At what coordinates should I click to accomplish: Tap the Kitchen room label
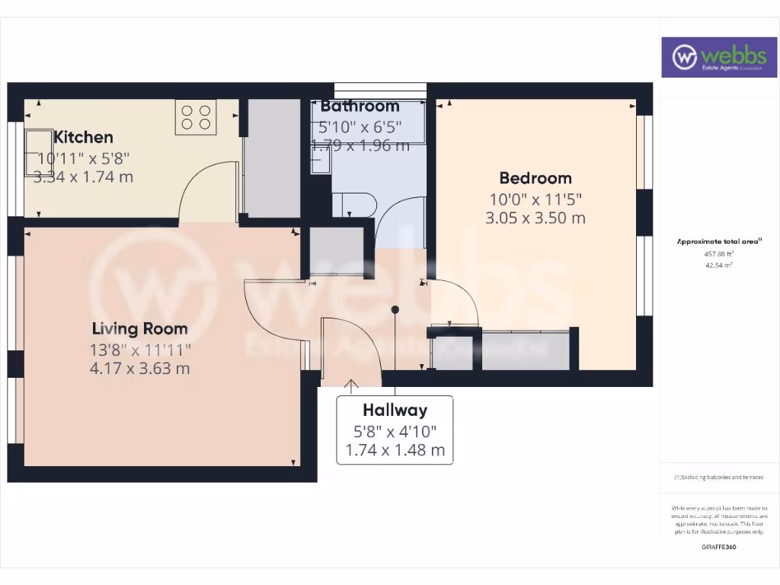coord(83,137)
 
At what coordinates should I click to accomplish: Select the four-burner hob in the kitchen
coord(196,117)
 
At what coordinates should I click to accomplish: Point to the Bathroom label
coord(360,106)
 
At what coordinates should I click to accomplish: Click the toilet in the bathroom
coord(355,204)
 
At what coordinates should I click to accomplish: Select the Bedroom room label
coord(535,178)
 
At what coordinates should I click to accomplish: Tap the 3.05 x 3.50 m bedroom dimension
coord(535,218)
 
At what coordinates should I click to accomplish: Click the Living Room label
coord(139,329)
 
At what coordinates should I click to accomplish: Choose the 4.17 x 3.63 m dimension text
coord(139,369)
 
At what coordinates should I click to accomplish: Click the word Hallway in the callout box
coord(395,411)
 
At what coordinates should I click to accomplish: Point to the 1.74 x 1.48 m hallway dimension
coord(395,450)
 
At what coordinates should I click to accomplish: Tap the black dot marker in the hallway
coord(395,309)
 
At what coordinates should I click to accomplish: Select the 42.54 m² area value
coord(719,265)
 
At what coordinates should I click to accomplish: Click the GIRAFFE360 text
coord(719,547)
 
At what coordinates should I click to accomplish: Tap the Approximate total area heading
coord(719,241)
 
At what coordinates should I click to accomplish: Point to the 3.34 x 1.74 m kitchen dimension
coord(83,177)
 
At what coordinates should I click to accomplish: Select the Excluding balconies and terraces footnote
coord(719,478)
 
